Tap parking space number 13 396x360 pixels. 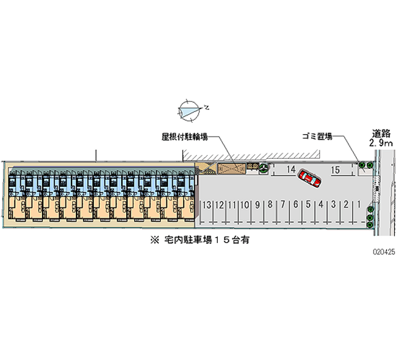point(207,204)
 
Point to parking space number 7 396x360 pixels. point(283,204)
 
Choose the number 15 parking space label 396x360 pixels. point(335,170)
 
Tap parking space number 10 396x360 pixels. point(245,204)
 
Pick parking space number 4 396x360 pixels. point(321,204)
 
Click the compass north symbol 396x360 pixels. point(190,110)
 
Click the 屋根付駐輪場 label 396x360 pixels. point(184,137)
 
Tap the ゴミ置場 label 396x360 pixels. point(317,137)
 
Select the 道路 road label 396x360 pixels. point(382,133)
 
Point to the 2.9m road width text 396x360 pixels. point(382,143)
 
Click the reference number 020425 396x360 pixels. point(384,252)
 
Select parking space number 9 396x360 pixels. point(257,204)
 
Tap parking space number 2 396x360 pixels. point(346,204)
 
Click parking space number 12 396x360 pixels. point(219,204)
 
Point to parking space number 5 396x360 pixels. point(308,204)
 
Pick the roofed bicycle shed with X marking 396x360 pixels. point(232,169)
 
